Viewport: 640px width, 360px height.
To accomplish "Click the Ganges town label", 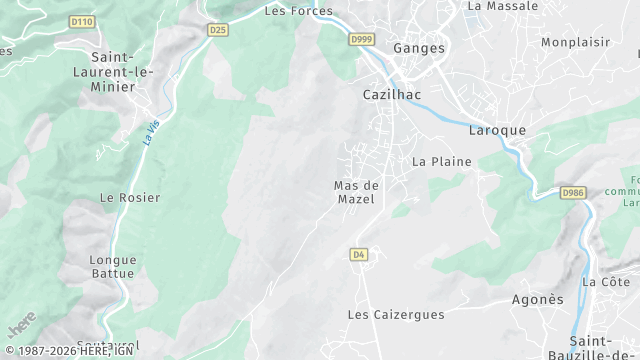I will (x=419, y=48).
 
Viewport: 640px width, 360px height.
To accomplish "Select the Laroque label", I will (x=497, y=131).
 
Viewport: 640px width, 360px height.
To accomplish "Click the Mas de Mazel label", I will (x=355, y=192).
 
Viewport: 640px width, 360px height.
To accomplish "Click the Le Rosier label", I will (x=130, y=198).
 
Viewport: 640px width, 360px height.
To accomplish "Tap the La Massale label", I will (x=502, y=6).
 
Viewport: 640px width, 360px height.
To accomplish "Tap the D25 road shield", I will (x=218, y=30).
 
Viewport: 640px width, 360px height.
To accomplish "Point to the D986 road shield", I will (x=572, y=192).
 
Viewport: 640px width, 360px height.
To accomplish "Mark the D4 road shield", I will (x=359, y=255).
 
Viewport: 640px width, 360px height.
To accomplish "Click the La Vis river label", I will (x=151, y=133).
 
